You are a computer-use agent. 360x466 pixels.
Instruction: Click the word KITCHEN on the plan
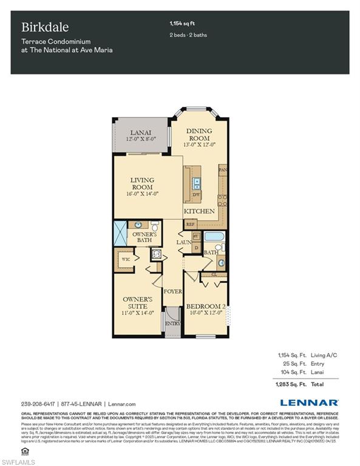pos(200,211)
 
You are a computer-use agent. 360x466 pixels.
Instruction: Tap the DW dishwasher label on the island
pos(197,194)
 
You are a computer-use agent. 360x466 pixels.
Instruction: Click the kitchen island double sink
pos(197,183)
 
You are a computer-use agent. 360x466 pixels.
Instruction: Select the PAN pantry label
pos(223,170)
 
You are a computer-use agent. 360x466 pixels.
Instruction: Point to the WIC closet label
pos(126,259)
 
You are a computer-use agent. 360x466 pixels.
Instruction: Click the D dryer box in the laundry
pos(196,248)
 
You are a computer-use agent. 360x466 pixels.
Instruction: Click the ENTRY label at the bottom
pos(173,324)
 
